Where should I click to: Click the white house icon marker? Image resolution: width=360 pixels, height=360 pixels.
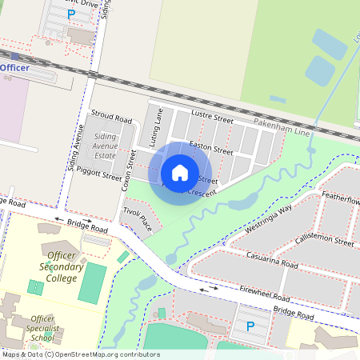point(180,172)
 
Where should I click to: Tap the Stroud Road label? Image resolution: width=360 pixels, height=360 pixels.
point(111,118)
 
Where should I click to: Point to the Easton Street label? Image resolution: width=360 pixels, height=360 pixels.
point(211,147)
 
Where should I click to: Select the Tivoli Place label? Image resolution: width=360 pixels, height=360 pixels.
point(137,216)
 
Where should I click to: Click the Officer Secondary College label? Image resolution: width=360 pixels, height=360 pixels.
point(62,266)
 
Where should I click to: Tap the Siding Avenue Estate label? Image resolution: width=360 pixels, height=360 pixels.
point(105,147)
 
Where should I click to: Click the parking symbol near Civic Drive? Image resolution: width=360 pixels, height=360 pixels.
point(71,14)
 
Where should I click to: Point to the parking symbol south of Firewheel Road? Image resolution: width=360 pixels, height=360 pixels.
point(250,326)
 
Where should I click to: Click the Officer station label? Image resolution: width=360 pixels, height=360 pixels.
point(14,68)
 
